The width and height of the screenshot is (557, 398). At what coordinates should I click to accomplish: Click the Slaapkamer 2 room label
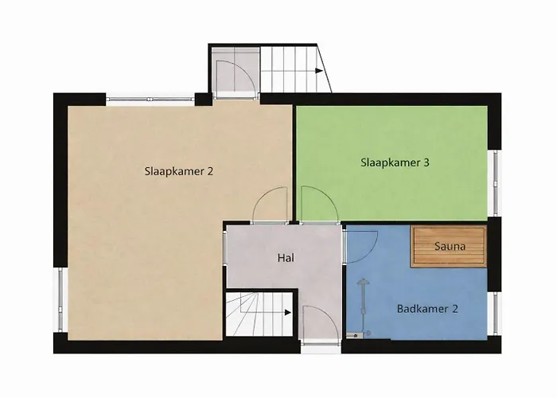[179, 170]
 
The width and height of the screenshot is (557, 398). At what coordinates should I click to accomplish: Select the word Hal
[286, 258]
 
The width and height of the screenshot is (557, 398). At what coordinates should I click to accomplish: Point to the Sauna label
[450, 247]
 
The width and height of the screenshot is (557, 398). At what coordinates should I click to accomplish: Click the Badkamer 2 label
[427, 308]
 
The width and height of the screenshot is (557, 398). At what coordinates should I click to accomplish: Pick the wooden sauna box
[448, 248]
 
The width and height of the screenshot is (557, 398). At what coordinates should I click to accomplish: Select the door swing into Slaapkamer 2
[270, 204]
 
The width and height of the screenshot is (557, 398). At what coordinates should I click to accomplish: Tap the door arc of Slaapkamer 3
[317, 204]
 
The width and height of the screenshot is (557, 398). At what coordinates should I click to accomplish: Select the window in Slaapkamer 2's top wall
[150, 99]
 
